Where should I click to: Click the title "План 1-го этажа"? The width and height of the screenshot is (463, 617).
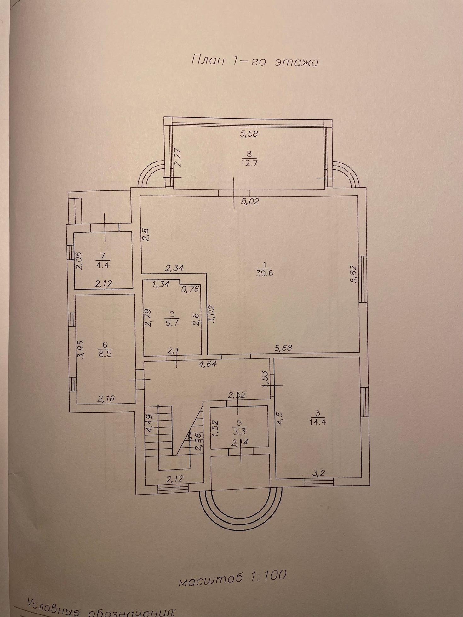[x=255, y=61]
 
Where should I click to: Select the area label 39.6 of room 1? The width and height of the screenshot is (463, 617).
[x=265, y=273]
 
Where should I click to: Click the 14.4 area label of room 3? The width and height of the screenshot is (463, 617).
[x=317, y=422]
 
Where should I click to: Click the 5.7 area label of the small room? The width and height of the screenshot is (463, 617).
[x=171, y=322]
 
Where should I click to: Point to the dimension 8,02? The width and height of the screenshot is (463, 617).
[x=250, y=201]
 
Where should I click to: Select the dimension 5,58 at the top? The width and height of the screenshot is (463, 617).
[x=249, y=133]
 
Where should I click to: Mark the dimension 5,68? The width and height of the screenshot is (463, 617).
[x=283, y=348]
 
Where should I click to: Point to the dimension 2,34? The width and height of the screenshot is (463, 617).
[x=174, y=268]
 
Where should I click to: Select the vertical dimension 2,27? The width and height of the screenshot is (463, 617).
[x=178, y=157]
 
